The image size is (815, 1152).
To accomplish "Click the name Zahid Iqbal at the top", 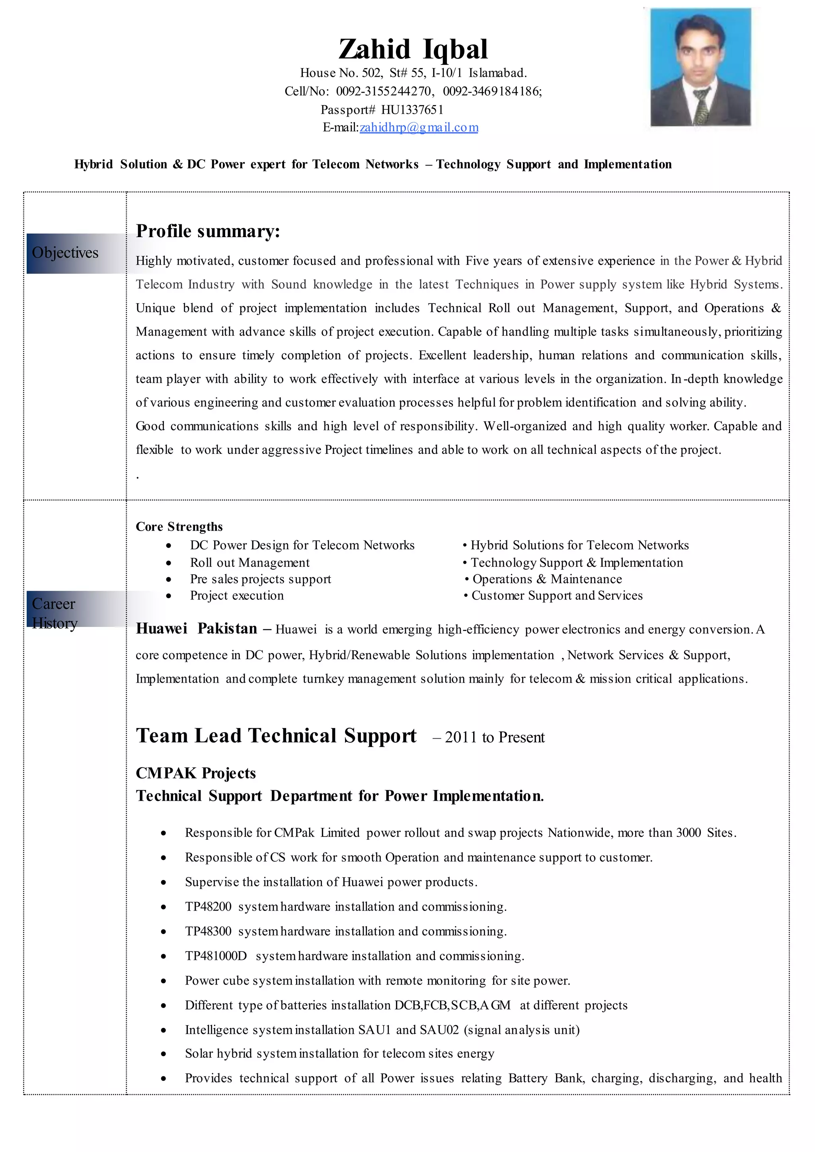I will (413, 49).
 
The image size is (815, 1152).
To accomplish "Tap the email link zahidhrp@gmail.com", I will (419, 127).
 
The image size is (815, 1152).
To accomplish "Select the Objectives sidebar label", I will (65, 253).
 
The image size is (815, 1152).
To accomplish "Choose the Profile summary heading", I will (208, 231).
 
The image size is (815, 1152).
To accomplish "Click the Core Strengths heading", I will (179, 526).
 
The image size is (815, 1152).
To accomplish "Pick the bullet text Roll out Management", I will (250, 562).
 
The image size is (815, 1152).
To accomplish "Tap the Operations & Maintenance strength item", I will (547, 579).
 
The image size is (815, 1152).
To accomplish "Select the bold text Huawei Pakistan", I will (197, 628).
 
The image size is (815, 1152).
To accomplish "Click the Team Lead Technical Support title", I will (276, 736).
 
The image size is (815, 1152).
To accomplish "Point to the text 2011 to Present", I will (494, 737).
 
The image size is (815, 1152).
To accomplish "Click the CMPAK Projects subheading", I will (196, 773).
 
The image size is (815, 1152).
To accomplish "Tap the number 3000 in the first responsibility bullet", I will (688, 833).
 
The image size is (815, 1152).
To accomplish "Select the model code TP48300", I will (208, 931).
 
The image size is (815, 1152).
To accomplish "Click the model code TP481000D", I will (216, 956).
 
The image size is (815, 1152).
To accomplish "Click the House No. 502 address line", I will (413, 73).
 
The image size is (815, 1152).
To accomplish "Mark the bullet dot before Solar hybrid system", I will (164, 1054).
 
